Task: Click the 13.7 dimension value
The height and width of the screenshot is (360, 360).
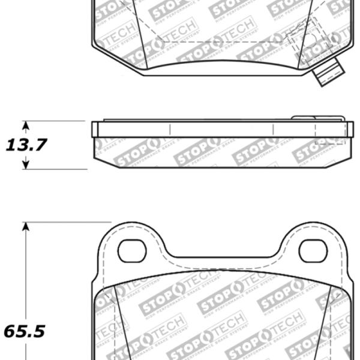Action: click(x=26, y=145)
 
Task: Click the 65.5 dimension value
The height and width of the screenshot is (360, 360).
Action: click(x=25, y=331)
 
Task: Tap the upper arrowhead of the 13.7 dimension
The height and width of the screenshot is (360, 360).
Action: click(x=25, y=125)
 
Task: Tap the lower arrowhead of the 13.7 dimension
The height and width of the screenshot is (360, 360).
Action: click(x=25, y=164)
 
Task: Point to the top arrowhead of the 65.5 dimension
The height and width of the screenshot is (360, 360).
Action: click(x=25, y=227)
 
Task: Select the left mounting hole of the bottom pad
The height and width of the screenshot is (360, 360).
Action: click(x=132, y=251)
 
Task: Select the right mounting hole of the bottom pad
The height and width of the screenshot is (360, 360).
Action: click(x=313, y=251)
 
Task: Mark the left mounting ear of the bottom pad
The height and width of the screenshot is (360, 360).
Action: click(x=132, y=240)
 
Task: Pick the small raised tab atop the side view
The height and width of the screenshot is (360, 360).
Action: click(x=318, y=118)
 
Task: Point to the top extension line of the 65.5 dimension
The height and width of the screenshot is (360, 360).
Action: click(x=66, y=222)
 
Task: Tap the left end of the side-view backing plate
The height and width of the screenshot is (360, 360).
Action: click(x=94, y=129)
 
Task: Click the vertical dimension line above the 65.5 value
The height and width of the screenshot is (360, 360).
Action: click(x=25, y=270)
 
